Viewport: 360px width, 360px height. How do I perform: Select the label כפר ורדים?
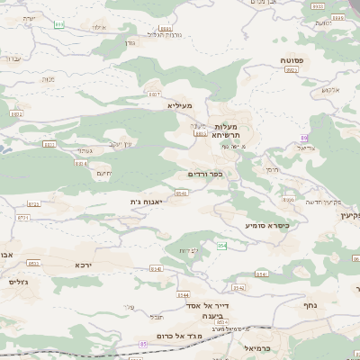[x=205, y=173]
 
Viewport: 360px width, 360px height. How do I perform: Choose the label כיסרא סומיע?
[x=268, y=224]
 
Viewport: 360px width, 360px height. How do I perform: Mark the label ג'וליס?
[x=18, y=282]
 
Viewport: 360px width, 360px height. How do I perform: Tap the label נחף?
[x=325, y=305]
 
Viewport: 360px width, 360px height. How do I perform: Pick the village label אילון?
[x=99, y=28]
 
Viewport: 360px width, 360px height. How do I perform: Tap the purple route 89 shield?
[x=304, y=137]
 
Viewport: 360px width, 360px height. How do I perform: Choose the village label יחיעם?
[x=103, y=173]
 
